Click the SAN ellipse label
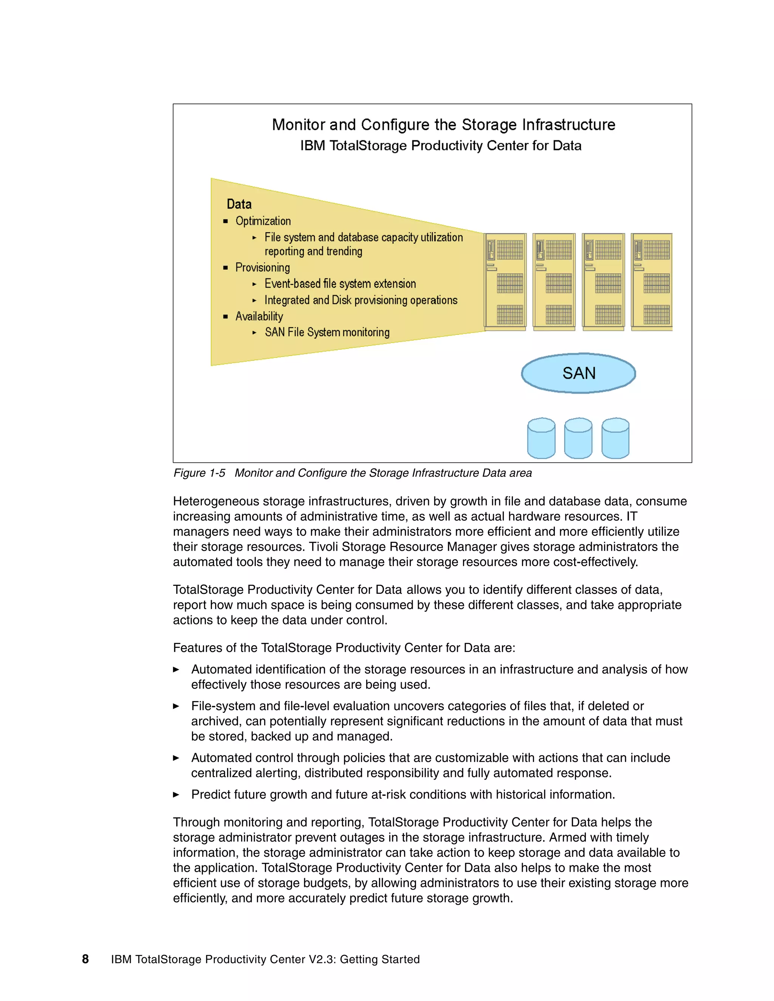[x=579, y=373]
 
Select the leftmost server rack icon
[x=505, y=281]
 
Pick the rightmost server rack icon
[x=652, y=281]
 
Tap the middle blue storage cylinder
[x=578, y=438]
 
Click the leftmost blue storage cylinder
[x=541, y=438]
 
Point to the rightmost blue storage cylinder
[x=615, y=438]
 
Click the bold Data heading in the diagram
[x=239, y=204]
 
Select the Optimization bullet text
[x=263, y=221]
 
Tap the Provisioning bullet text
[x=262, y=268]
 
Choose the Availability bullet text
[x=259, y=316]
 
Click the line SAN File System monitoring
[x=327, y=332]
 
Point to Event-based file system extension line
[x=340, y=284]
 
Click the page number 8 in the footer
[x=85, y=959]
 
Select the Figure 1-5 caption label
[x=199, y=473]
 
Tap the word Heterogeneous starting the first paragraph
[x=215, y=501]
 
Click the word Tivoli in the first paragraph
[x=323, y=547]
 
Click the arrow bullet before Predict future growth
[x=176, y=795]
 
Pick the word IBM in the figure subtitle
[x=312, y=146]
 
